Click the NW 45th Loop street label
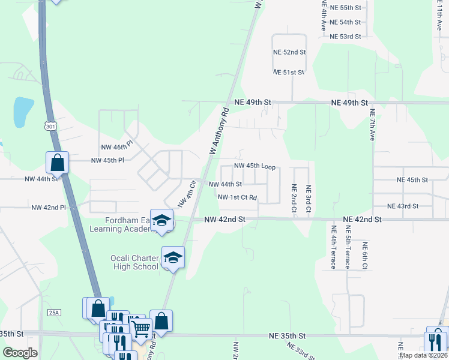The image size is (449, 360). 255,166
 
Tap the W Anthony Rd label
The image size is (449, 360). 219,131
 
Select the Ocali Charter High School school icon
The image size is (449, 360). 173,257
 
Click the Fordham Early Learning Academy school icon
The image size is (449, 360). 162,220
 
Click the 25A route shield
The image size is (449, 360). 55,313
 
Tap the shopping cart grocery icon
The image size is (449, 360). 140,328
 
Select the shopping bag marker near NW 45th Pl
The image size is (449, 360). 58,162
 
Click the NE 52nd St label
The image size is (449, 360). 289,53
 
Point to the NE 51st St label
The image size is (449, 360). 289,73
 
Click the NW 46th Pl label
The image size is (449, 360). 116,147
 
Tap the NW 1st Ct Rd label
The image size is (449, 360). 237,197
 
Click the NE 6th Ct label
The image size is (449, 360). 364,256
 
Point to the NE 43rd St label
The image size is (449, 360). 403,206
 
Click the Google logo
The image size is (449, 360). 20,353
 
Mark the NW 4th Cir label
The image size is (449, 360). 188,192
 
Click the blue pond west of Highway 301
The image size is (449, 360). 23,112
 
